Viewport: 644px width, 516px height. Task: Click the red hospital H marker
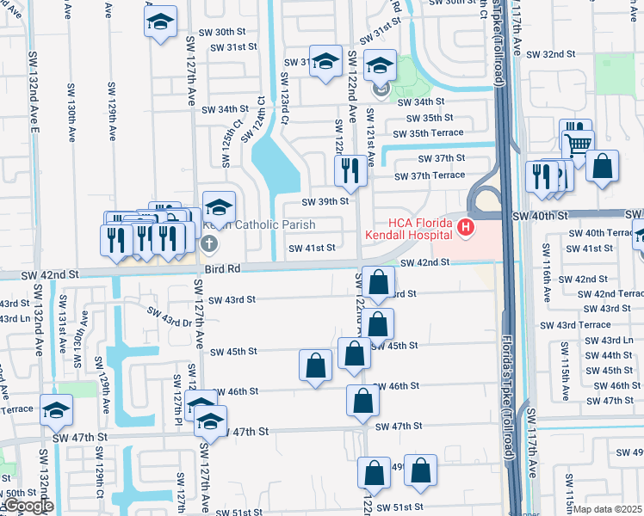tap(466, 227)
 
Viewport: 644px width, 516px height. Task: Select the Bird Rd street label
tap(223, 268)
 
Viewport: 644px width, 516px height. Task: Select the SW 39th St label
tap(325, 201)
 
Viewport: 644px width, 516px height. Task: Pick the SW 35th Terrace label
tap(428, 133)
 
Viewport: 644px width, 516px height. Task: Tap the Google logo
tap(28, 507)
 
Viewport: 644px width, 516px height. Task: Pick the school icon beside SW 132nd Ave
tap(57, 411)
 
